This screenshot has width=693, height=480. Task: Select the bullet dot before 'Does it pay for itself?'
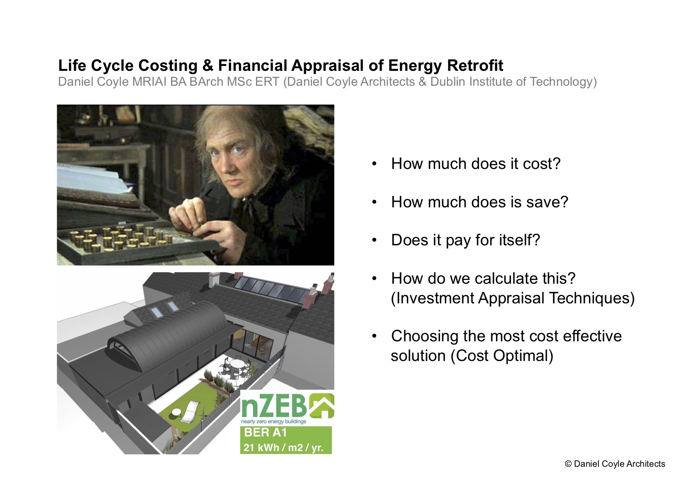pyautogui.click(x=374, y=240)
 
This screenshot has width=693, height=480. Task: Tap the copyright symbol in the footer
pyautogui.click(x=568, y=464)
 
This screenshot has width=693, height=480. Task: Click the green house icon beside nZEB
pyautogui.click(x=322, y=405)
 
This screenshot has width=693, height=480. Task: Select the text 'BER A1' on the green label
pyautogui.click(x=265, y=432)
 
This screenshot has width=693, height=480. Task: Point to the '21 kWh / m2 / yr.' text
pyautogui.click(x=283, y=448)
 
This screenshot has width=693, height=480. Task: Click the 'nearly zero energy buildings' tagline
pyautogui.click(x=273, y=421)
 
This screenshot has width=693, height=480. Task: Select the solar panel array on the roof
pyautogui.click(x=272, y=288)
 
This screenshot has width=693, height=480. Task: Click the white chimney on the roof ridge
pyautogui.click(x=214, y=279)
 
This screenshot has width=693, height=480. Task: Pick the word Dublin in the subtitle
pyautogui.click(x=448, y=81)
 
